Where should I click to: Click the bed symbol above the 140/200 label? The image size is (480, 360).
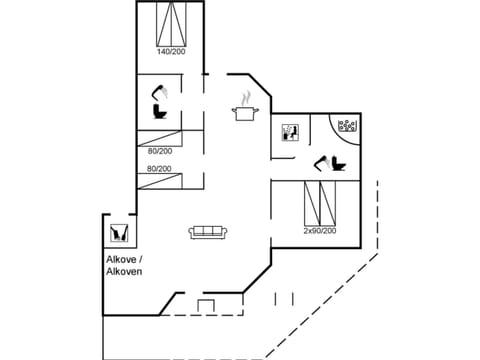point(171,23)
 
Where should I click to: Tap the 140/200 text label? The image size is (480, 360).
point(171,51)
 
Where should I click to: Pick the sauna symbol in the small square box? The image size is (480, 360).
point(289,133)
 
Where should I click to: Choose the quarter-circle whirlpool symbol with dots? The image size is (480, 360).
point(345,127)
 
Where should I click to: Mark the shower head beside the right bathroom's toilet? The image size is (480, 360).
point(321,157)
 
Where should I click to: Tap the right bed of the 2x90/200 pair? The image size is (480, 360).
point(327,204)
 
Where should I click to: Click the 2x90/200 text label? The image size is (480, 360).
point(320,231)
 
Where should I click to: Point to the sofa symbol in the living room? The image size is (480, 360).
point(209,232)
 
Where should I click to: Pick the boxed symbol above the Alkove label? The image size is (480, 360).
point(118,233)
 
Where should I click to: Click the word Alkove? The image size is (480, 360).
point(123,259)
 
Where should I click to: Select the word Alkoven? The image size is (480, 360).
point(125,271)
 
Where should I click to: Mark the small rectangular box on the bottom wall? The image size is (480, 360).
point(207,305)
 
